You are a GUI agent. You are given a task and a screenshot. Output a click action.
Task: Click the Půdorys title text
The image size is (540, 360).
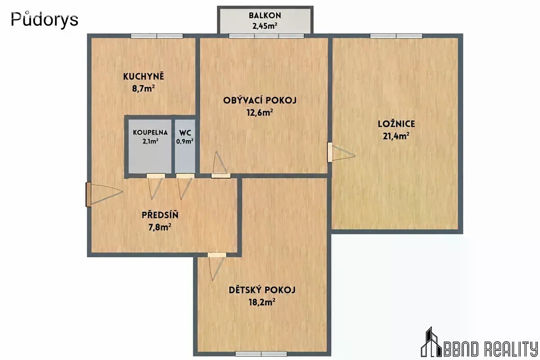coord(45,19)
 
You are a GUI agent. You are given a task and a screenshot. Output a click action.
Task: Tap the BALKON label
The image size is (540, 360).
coord(265,16)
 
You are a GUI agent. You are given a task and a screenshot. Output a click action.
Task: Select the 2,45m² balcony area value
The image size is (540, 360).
coord(265,26)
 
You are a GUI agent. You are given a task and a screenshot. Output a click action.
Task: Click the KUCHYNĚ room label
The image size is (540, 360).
coord(144,76)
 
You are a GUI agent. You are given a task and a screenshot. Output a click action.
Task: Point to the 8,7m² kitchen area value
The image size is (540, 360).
coord(143,89)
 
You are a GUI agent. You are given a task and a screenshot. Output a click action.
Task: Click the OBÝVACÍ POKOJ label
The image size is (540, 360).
coord(260,99)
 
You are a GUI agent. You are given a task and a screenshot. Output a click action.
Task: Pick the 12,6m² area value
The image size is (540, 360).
coord(260,112)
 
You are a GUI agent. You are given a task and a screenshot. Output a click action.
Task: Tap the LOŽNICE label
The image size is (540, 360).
coord(396,124)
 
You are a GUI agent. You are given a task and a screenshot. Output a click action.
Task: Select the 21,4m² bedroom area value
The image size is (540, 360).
coord(396,136)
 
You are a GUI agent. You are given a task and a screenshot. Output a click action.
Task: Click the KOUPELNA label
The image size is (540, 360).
coord(150,132)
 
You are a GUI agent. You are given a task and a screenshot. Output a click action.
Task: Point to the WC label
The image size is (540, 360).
coord(185,133)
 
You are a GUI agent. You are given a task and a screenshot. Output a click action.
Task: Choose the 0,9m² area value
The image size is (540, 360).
coord(184,141)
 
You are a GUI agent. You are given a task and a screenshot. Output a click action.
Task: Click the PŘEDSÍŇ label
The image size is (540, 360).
coord(160,215)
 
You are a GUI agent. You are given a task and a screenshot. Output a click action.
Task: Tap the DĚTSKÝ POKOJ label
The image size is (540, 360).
coord(262,290)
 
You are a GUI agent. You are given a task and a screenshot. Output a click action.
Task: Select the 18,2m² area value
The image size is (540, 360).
coord(262,302)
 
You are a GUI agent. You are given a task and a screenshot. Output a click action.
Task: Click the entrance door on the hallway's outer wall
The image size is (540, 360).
coord(89,194)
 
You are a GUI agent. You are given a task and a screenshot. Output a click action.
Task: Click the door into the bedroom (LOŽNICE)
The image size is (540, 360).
coord(329,152)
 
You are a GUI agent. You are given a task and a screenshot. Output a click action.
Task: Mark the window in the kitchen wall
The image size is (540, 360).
coord(157,36)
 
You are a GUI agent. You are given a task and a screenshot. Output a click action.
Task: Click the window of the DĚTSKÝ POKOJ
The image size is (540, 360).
coord(261,354)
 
